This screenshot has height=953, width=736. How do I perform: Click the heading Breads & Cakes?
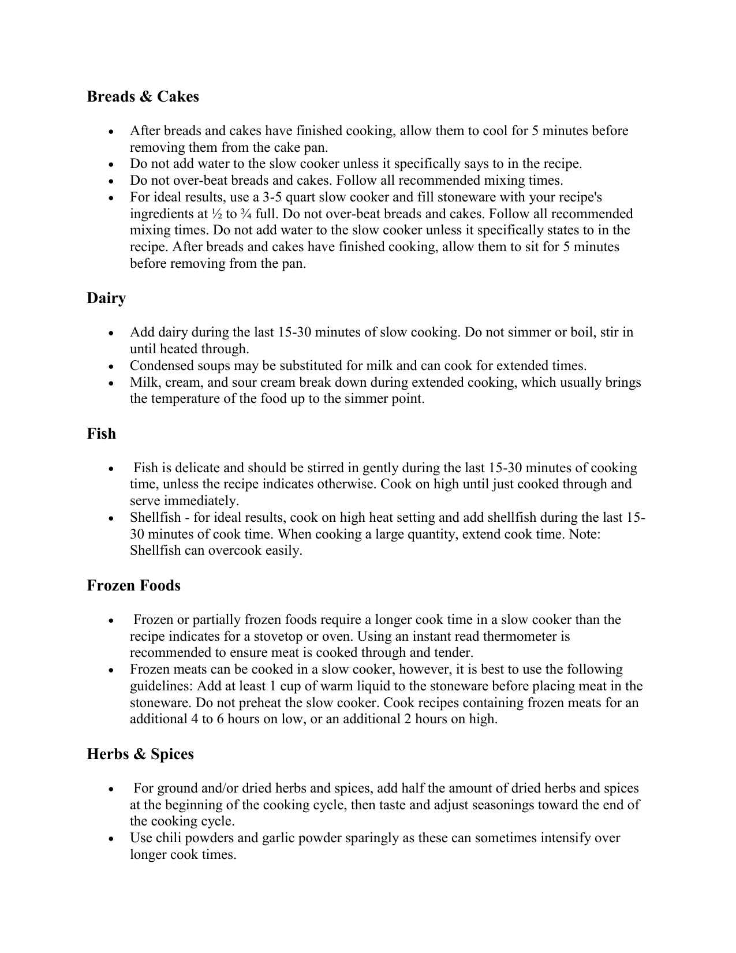tap(143, 96)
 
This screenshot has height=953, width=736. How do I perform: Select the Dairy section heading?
tap(106, 298)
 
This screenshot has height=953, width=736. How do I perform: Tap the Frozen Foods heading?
tap(133, 585)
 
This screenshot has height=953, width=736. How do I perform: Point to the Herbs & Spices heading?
tap(140, 754)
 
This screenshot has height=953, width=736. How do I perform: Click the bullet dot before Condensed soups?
tap(112, 366)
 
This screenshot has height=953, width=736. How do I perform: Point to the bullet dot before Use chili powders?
tap(112, 838)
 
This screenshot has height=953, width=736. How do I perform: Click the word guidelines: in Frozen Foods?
tap(162, 686)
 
